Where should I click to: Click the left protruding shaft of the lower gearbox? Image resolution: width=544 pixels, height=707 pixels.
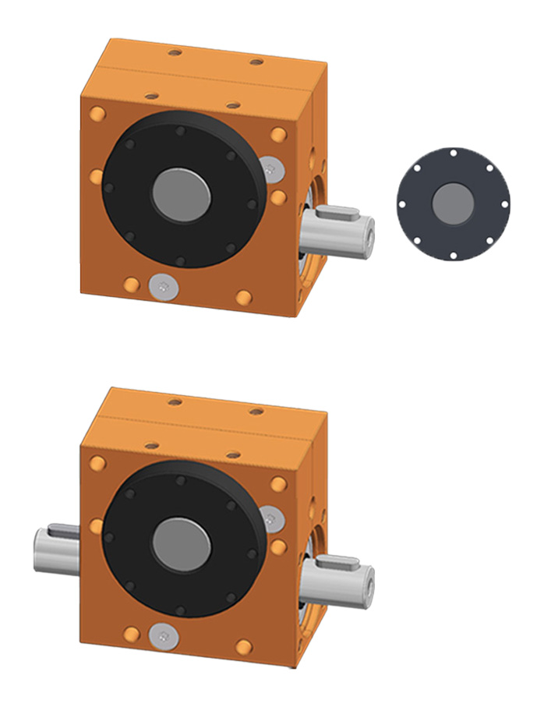pyautogui.click(x=57, y=546)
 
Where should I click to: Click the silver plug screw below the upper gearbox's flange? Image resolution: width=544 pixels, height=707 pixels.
pyautogui.click(x=162, y=287)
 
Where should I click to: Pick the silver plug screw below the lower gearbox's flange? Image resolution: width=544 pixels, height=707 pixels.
pyautogui.click(x=162, y=636)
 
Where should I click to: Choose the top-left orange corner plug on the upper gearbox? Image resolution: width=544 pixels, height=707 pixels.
pyautogui.click(x=97, y=115)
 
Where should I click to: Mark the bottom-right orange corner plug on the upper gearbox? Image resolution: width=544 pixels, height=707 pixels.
pyautogui.click(x=244, y=297)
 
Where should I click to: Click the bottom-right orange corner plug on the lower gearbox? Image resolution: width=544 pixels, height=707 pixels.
pyautogui.click(x=244, y=646)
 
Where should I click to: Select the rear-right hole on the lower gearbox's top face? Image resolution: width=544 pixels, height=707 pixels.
pyautogui.click(x=256, y=411)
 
